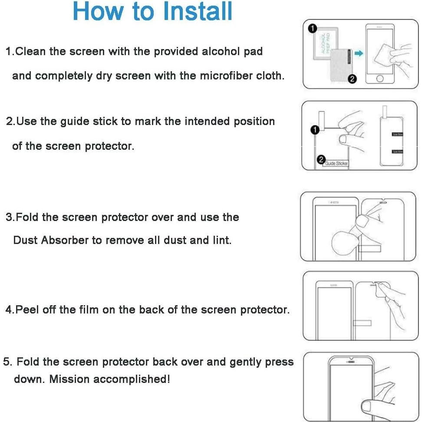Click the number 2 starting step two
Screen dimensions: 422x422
10,122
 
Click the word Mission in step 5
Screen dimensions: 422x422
69,379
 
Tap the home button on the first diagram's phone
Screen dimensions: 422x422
380,79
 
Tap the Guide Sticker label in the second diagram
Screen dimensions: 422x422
336,163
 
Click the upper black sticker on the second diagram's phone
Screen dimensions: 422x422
397,134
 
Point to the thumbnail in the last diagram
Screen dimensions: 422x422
367,407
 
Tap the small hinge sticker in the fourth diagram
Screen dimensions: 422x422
362,323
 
